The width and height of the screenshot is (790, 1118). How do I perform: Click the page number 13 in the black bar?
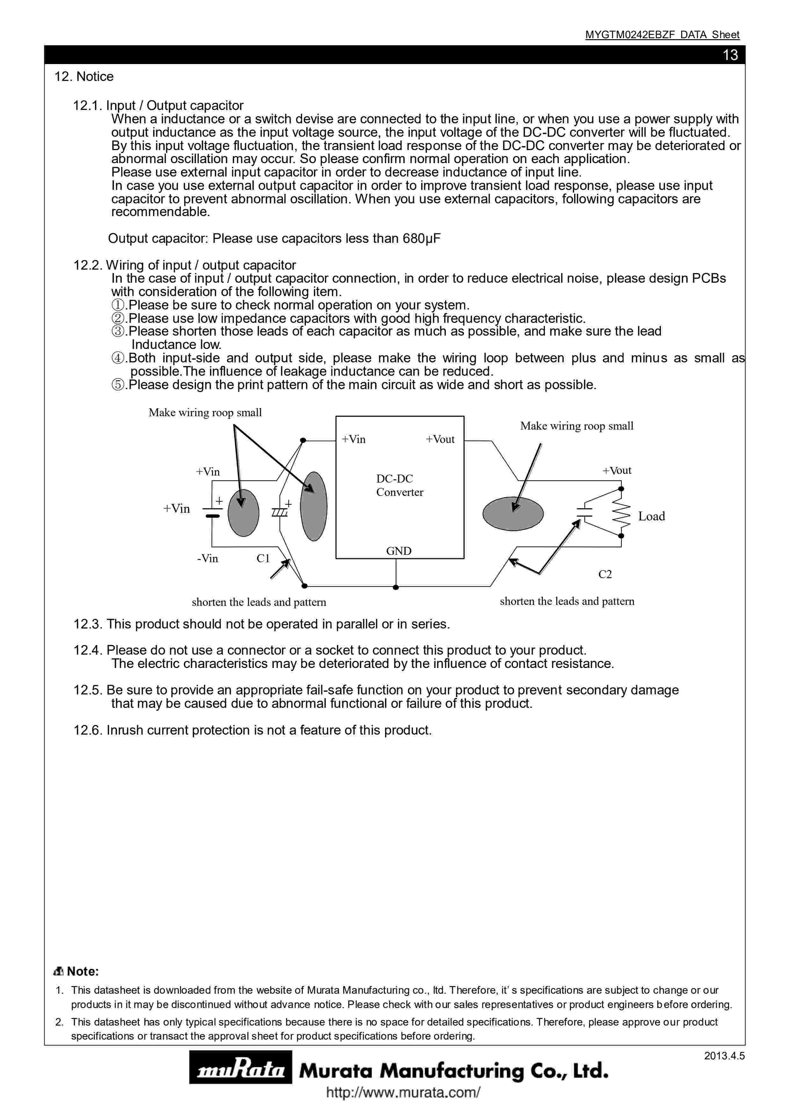[730, 55]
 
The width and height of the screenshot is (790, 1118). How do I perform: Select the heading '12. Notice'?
[84, 76]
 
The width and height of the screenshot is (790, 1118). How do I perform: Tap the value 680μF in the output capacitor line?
[422, 239]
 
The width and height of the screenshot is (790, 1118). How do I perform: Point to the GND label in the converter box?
[399, 551]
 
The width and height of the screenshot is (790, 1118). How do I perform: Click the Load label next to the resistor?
[651, 517]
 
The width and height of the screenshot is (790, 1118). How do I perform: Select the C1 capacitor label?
[263, 558]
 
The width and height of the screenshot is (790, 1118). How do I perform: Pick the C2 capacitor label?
[605, 575]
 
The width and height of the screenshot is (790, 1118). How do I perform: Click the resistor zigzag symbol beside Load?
[622, 512]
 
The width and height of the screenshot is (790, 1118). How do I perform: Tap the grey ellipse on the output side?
[513, 514]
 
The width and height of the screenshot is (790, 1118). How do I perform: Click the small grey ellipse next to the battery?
[243, 513]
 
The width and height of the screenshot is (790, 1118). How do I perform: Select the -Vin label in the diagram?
[208, 558]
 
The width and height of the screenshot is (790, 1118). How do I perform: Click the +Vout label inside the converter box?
[440, 439]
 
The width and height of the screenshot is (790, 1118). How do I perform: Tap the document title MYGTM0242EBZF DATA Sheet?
[662, 34]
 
